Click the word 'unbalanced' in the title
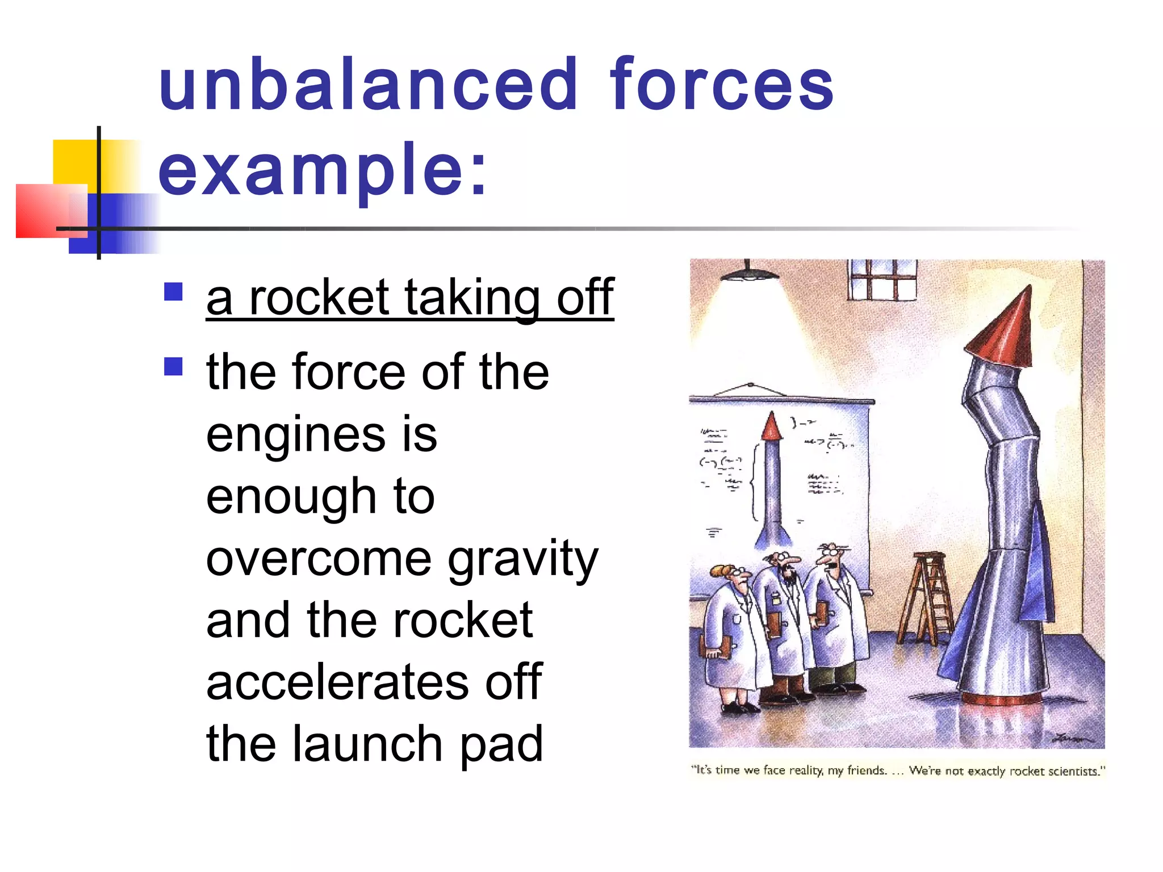coord(368,85)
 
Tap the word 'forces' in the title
coord(721,85)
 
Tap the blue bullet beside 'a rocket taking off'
coord(173,292)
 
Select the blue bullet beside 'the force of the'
coord(173,366)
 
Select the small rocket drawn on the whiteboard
coord(771,483)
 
